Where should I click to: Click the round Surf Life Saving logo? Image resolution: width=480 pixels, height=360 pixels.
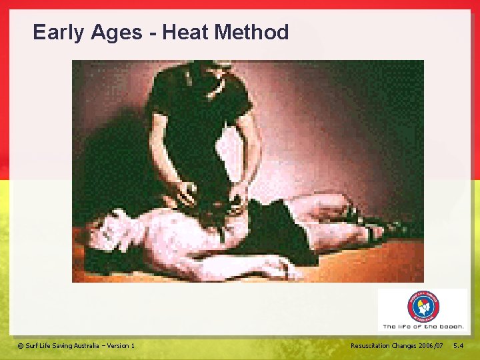pyautogui.click(x=423, y=307)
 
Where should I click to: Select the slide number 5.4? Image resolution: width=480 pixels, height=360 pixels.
pyautogui.click(x=459, y=345)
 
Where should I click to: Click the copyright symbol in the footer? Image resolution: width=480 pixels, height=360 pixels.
pyautogui.click(x=20, y=345)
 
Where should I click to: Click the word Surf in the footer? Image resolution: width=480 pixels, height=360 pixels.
pyautogui.click(x=31, y=345)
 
